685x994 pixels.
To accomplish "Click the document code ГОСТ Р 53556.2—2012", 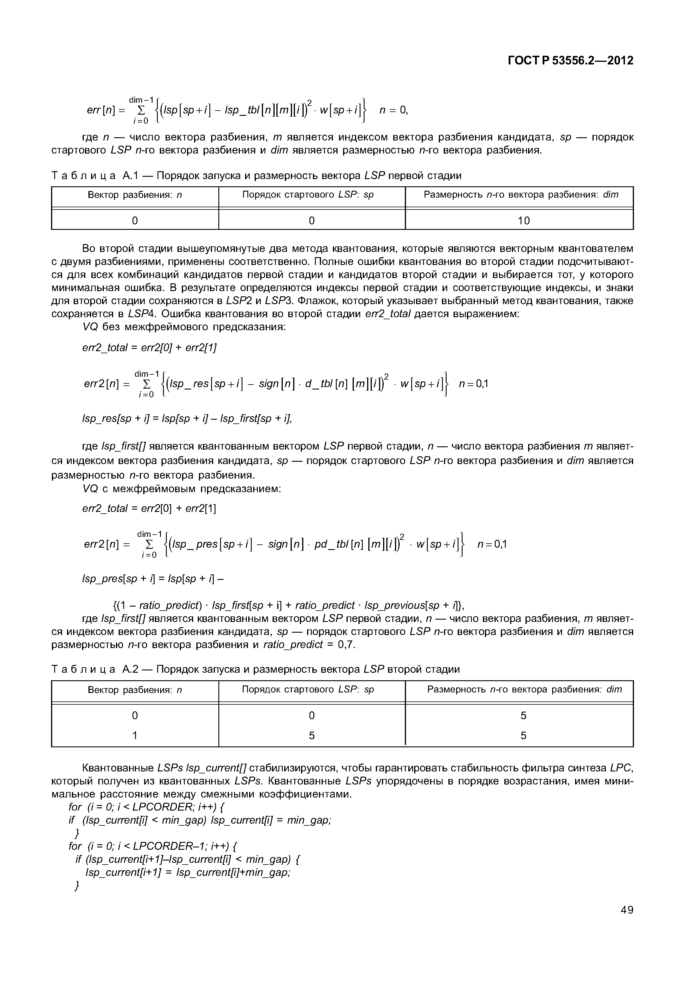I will (570, 61).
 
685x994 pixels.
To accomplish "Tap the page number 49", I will (627, 910).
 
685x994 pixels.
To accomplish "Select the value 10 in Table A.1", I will (524, 221).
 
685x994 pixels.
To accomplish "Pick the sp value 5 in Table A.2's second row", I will (311, 736).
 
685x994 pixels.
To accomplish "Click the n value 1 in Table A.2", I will (135, 736).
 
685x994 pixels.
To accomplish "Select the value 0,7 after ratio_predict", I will (346, 645).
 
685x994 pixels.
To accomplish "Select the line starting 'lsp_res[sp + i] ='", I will (187, 418).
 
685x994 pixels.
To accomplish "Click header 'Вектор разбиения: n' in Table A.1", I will (135, 195).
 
